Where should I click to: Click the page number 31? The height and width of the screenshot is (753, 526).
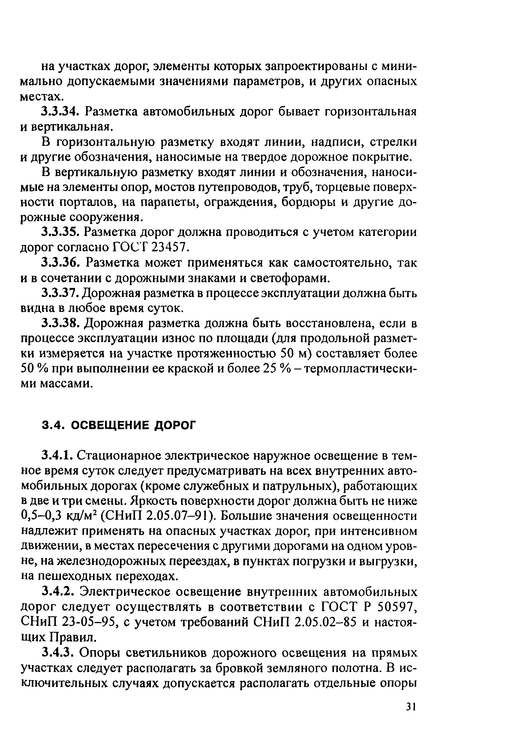[x=411, y=707]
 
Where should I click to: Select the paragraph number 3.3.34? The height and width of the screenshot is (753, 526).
[x=60, y=112]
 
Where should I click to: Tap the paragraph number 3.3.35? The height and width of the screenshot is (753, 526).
[x=60, y=232]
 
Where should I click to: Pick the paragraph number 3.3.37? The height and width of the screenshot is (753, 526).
[x=60, y=293]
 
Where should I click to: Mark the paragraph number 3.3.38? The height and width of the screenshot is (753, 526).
[x=60, y=323]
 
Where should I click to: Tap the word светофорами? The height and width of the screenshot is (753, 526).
[x=288, y=278]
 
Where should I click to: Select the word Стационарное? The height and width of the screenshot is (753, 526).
[x=120, y=456]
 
